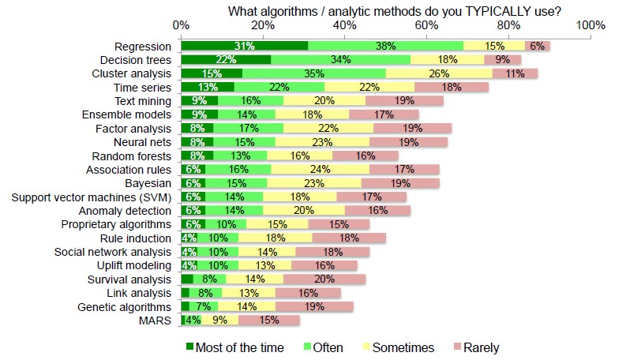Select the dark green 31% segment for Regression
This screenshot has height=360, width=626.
pyautogui.click(x=244, y=46)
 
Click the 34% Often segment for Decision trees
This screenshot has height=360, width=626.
pyautogui.click(x=341, y=59)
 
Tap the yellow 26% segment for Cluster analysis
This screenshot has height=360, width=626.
pyautogui.click(x=439, y=73)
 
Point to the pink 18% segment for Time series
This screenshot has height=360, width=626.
pyautogui.click(x=452, y=87)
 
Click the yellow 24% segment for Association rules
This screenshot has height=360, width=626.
pyautogui.click(x=320, y=169)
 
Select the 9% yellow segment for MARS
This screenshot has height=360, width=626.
pyautogui.click(x=219, y=320)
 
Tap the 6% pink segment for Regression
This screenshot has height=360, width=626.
pyautogui.click(x=537, y=46)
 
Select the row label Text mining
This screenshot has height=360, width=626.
pyautogui.click(x=142, y=100)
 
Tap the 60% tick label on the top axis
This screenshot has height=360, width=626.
pyautogui.click(x=427, y=25)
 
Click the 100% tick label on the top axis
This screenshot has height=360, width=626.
pyautogui.click(x=590, y=25)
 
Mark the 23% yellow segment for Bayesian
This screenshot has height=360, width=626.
pyautogui.click(x=316, y=183)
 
